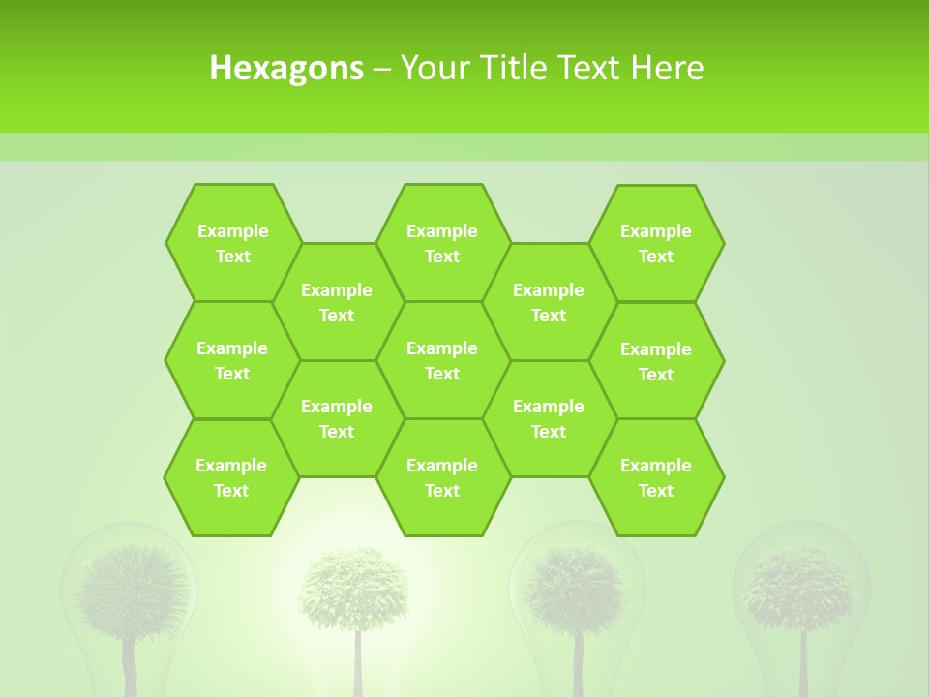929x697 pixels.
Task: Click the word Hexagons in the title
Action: (286, 68)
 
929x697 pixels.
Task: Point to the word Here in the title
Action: (667, 68)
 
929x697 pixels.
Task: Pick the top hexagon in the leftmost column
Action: (232, 243)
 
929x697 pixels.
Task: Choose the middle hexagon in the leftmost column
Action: (232, 360)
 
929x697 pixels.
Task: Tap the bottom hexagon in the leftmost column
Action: (231, 477)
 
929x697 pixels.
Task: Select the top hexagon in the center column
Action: (442, 243)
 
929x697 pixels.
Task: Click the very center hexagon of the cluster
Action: (442, 360)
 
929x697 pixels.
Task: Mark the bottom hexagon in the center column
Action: (442, 477)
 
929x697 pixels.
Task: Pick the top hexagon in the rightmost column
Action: (656, 243)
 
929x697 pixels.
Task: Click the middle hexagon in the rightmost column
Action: (656, 361)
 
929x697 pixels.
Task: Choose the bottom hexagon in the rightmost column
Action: (656, 477)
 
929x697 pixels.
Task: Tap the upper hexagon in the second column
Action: (337, 302)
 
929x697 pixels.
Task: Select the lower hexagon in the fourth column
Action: (549, 418)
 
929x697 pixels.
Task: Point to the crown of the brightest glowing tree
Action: (353, 587)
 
